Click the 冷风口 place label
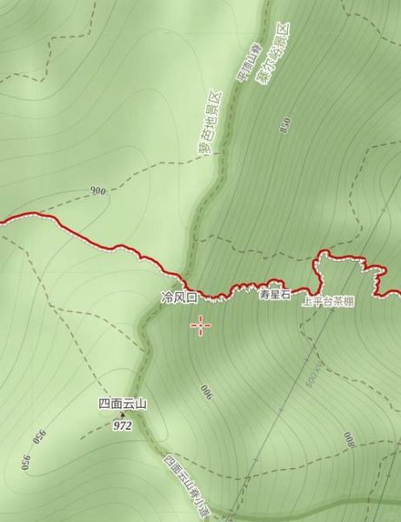tap(180, 298)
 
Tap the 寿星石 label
tap(273, 295)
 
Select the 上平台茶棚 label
tap(328, 302)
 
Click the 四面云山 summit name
tap(123, 404)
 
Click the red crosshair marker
tap(201, 325)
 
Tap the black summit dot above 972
tap(122, 415)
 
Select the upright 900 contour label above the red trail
tap(97, 190)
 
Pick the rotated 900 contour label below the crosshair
tap(206, 391)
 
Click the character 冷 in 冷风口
tap(167, 298)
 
